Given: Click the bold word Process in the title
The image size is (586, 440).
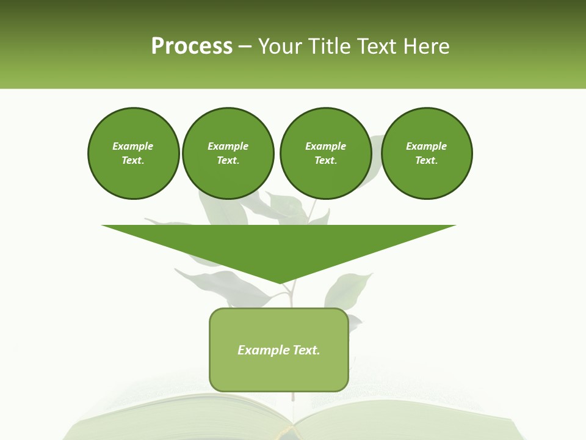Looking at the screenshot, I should [x=192, y=46].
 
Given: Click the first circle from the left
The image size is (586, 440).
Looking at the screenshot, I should [x=133, y=153].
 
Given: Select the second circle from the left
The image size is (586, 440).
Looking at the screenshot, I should [x=228, y=153].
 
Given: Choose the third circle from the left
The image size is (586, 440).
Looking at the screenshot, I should [x=325, y=153].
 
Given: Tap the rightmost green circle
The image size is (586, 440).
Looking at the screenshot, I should [x=426, y=153].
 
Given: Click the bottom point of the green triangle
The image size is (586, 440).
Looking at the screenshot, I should [x=280, y=282].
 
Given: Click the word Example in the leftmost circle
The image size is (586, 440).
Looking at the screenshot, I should [x=133, y=146].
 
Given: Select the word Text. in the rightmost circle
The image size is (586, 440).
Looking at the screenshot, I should [x=426, y=160].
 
